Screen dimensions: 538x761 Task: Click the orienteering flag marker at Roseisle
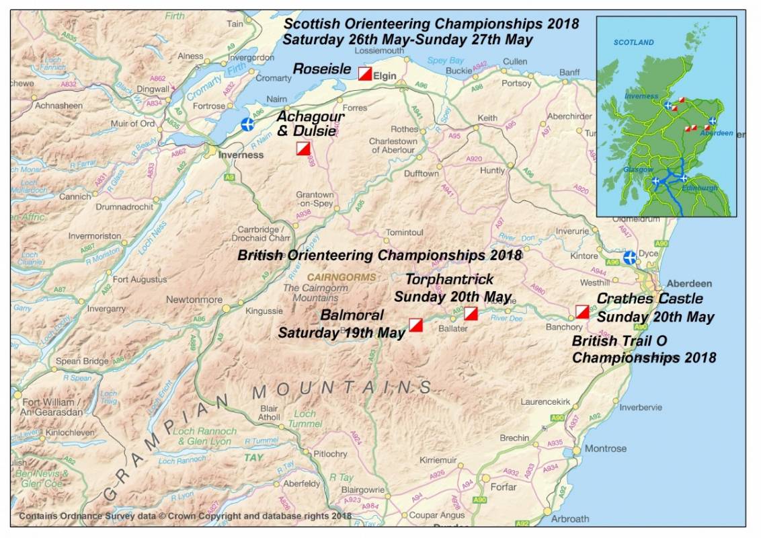tap(365, 73)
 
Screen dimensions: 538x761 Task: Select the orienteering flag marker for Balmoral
tap(415, 325)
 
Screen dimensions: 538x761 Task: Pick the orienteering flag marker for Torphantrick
tap(471, 313)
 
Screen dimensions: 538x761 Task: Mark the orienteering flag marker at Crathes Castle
tap(582, 311)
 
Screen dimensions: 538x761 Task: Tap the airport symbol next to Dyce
tap(629, 258)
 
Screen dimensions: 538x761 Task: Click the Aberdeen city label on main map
tap(688, 283)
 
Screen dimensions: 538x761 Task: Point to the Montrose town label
tap(605, 449)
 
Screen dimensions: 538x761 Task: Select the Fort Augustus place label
tap(140, 279)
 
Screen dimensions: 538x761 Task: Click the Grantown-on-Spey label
tap(315, 199)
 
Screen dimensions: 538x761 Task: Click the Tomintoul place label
tap(403, 233)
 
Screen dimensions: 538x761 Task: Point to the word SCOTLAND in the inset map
tap(633, 42)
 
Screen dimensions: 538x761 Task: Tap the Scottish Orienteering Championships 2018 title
tap(430, 24)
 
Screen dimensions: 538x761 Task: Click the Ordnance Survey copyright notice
tap(185, 516)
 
